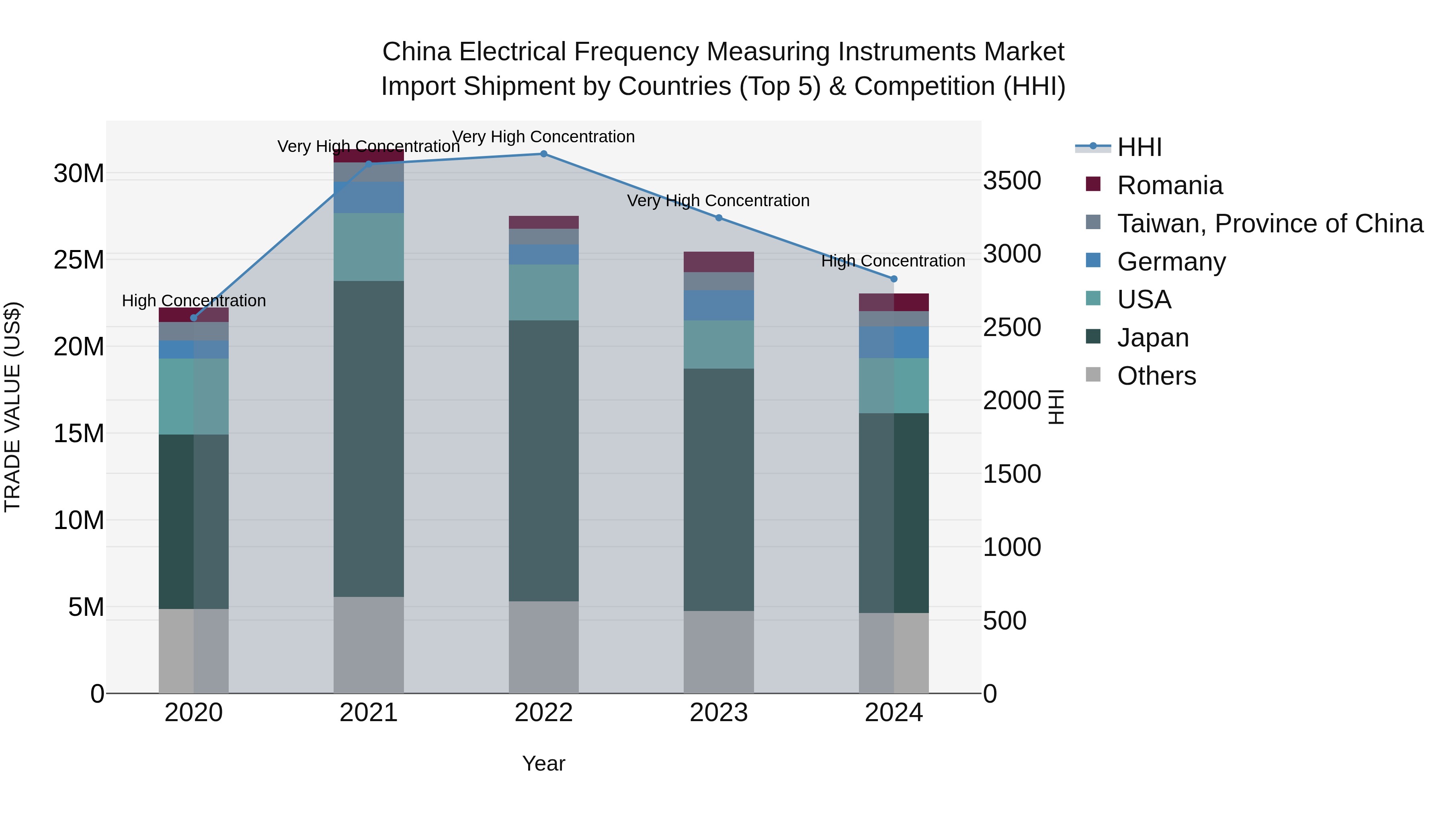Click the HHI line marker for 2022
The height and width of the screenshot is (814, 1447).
tap(543, 154)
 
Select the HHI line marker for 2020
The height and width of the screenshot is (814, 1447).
tap(194, 318)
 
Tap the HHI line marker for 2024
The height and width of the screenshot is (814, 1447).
tap(894, 279)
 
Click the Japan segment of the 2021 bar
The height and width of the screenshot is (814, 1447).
tap(369, 438)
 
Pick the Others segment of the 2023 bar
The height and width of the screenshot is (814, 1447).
tap(718, 652)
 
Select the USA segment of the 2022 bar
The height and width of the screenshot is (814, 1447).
tap(543, 292)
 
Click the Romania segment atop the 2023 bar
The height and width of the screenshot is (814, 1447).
tap(718, 262)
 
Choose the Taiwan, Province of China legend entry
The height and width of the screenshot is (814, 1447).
tap(1269, 223)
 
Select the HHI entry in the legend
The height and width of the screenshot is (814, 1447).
tap(1139, 147)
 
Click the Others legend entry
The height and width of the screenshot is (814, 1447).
tap(1156, 376)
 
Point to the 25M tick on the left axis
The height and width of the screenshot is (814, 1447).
tap(79, 260)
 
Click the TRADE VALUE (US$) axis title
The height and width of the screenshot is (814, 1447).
tap(12, 407)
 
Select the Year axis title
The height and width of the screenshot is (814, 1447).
tap(543, 763)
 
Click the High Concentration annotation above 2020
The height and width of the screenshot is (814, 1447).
tap(194, 301)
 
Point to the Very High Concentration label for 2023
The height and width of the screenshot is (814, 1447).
tap(718, 201)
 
